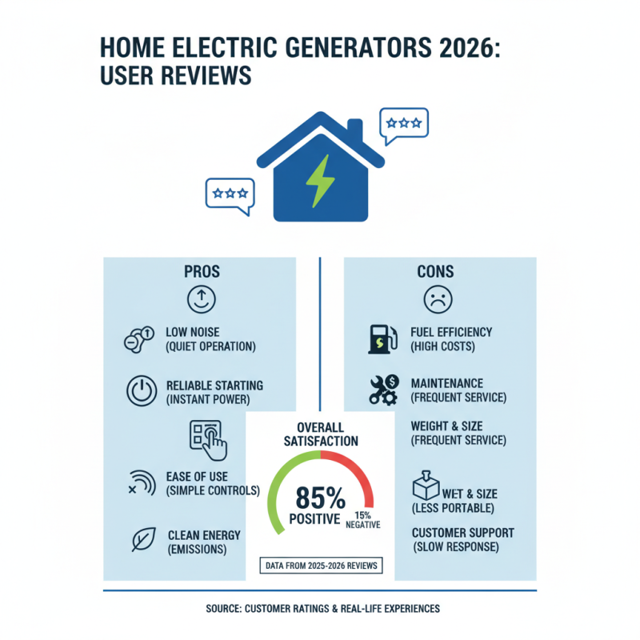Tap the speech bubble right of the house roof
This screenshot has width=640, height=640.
(x=404, y=124)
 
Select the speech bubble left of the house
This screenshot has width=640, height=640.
(x=230, y=194)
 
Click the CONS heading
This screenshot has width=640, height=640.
(x=436, y=272)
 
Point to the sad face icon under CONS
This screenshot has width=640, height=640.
(x=437, y=299)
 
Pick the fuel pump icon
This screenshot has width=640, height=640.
(x=379, y=338)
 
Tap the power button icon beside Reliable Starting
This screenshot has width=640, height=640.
(x=142, y=391)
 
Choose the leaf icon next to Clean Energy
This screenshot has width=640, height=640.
(x=142, y=541)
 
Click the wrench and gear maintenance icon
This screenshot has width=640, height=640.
(x=383, y=389)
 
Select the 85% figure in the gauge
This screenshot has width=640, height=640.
(x=320, y=498)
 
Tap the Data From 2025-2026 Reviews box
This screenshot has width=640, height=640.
(x=320, y=566)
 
